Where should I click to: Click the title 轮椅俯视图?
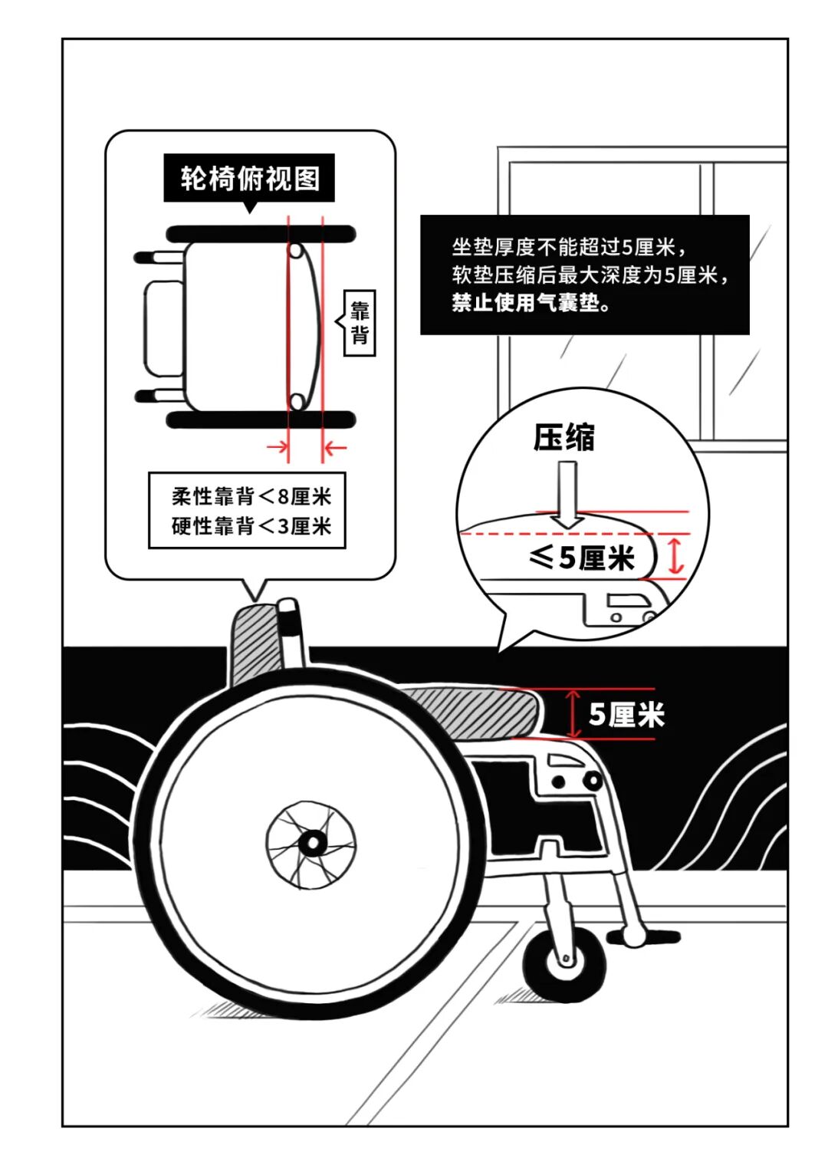tap(249, 179)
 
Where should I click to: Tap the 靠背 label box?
tap(360, 322)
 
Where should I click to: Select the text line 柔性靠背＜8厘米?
tap(251, 497)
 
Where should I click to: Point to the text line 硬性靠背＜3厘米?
tap(251, 526)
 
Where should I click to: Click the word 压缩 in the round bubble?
tap(564, 438)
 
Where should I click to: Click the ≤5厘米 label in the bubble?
tap(583, 558)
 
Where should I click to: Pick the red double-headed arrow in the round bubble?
tap(675, 555)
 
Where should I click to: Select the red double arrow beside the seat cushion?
tap(573, 713)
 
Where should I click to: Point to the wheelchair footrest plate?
tap(644, 936)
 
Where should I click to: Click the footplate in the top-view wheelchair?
tap(163, 328)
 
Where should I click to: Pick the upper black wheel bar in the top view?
tap(261, 233)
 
